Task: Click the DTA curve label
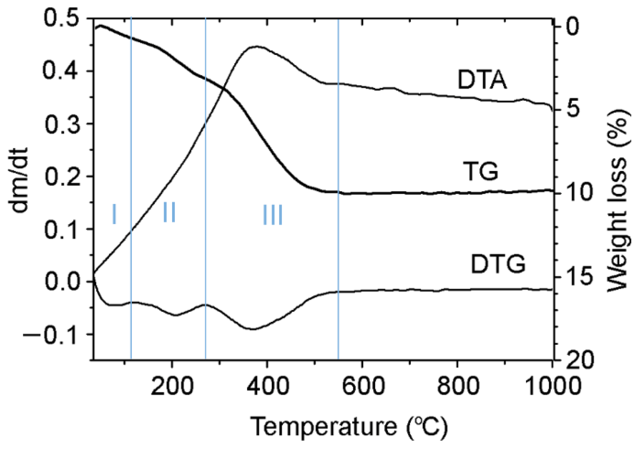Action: (482, 80)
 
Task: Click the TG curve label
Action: (481, 171)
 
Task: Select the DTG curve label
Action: (498, 264)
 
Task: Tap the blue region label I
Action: (114, 214)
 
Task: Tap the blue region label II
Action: (169, 212)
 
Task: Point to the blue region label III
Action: (272, 215)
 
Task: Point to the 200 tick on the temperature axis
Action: (172, 386)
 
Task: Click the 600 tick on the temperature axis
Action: (362, 386)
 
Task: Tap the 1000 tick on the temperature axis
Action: (552, 386)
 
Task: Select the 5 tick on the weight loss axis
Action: (574, 109)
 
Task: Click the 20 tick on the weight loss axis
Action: (582, 360)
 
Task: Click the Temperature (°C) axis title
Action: (349, 427)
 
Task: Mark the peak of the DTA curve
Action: (257, 46)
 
